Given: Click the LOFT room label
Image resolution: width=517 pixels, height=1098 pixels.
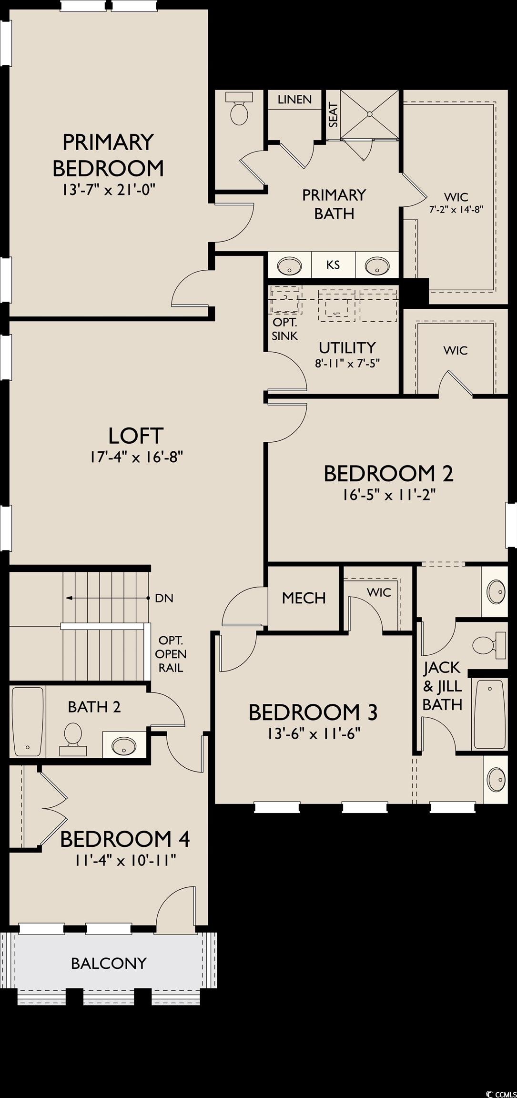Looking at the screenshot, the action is click(x=136, y=436).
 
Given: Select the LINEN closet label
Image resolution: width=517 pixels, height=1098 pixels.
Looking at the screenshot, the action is click(x=294, y=99).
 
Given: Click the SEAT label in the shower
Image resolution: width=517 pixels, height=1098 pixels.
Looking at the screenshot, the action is click(x=333, y=116).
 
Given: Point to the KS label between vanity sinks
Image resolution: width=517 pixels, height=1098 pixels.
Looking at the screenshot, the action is click(x=333, y=264).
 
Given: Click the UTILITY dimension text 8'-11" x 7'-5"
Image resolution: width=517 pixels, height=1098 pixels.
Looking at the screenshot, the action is click(x=347, y=363).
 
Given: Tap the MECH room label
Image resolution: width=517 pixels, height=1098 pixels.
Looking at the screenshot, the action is click(x=304, y=598).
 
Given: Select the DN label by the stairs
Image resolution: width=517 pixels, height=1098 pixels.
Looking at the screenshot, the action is click(x=164, y=598).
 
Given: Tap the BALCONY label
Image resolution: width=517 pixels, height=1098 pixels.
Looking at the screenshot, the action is click(x=109, y=963).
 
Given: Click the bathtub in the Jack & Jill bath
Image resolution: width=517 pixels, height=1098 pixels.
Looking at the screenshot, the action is click(x=489, y=715).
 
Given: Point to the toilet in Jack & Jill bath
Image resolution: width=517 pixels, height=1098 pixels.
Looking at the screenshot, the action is click(x=489, y=645).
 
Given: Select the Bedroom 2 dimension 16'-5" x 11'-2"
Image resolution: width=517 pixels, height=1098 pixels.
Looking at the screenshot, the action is click(x=389, y=495).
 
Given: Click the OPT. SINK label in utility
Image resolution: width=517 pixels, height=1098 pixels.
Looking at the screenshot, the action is click(x=284, y=329).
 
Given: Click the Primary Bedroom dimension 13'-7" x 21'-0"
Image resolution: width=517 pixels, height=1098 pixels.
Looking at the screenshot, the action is click(x=108, y=190).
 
